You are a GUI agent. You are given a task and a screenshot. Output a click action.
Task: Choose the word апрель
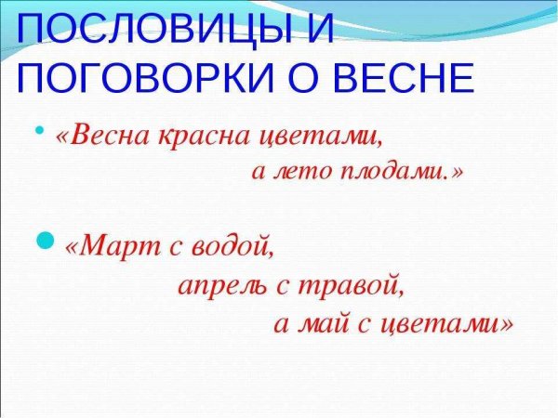222,285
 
